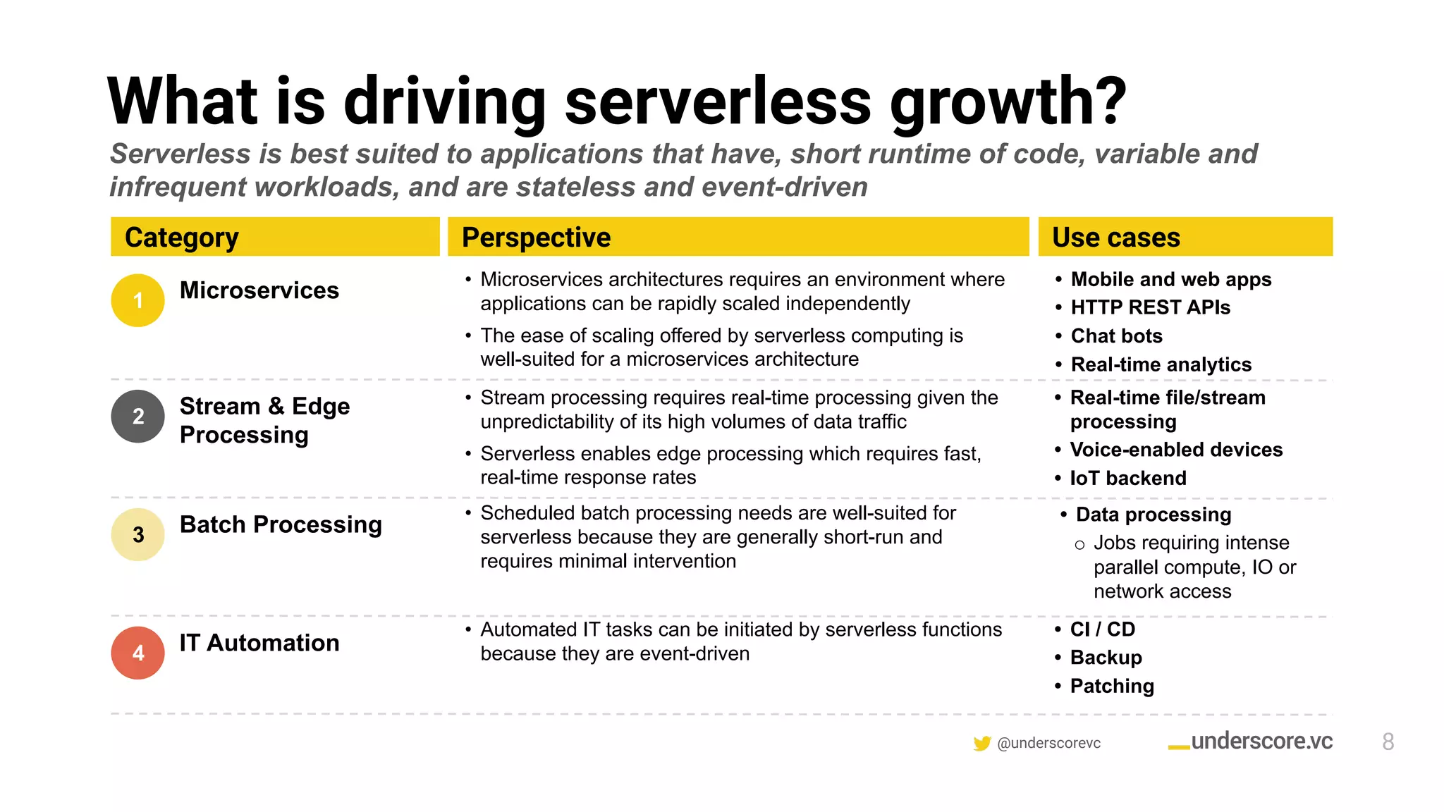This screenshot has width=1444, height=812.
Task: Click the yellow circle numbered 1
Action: click(x=138, y=300)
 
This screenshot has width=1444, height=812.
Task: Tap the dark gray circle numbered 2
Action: click(x=138, y=417)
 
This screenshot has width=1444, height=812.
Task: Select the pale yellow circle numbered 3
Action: click(x=138, y=534)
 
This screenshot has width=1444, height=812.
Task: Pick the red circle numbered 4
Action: click(x=138, y=653)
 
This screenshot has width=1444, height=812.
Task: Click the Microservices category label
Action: click(x=259, y=290)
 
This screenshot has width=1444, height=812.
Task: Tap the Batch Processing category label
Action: click(x=281, y=524)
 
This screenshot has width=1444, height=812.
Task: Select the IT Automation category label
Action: click(x=259, y=643)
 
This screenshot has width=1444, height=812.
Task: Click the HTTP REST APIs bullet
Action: click(x=1150, y=307)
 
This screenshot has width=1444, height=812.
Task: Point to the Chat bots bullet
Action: click(x=1116, y=336)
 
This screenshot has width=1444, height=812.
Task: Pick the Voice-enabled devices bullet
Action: click(x=1176, y=450)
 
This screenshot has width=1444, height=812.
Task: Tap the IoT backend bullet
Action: click(x=1128, y=479)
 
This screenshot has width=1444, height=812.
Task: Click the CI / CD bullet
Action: click(x=1103, y=629)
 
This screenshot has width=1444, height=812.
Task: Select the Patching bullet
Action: click(x=1112, y=686)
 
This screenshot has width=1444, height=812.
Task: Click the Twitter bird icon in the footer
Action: click(x=981, y=744)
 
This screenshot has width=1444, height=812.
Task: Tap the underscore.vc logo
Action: click(x=1251, y=742)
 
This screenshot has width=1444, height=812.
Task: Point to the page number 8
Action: click(x=1388, y=742)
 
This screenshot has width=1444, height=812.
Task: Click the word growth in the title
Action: click(x=1008, y=102)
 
